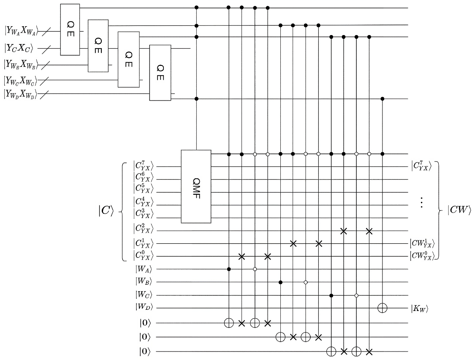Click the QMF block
click(195, 186)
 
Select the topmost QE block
click(70, 30)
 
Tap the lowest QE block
click(160, 73)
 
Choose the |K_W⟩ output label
click(420, 308)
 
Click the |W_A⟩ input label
click(142, 269)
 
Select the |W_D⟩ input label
click(142, 308)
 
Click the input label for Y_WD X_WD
click(21, 94)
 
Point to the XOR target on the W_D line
click(383, 308)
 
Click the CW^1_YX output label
click(421, 244)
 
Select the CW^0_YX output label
click(421, 256)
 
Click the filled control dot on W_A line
click(229, 269)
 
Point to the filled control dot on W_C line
click(331, 295)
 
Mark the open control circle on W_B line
click(306, 282)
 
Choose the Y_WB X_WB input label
click(21, 64)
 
